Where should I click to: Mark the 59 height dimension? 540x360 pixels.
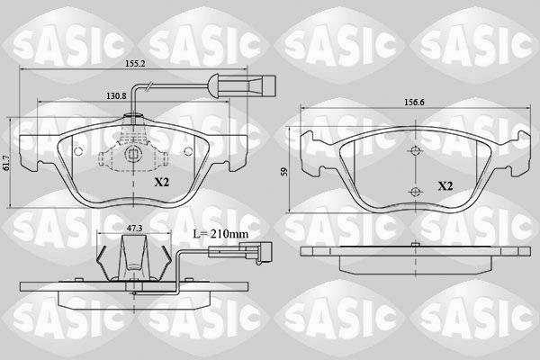pos(284,170)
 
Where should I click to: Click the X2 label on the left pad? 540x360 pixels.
pos(161,182)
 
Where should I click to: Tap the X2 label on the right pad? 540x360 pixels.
pos(445,186)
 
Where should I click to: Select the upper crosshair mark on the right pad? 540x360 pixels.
pos(415,151)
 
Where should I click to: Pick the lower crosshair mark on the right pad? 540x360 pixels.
pos(415,191)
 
